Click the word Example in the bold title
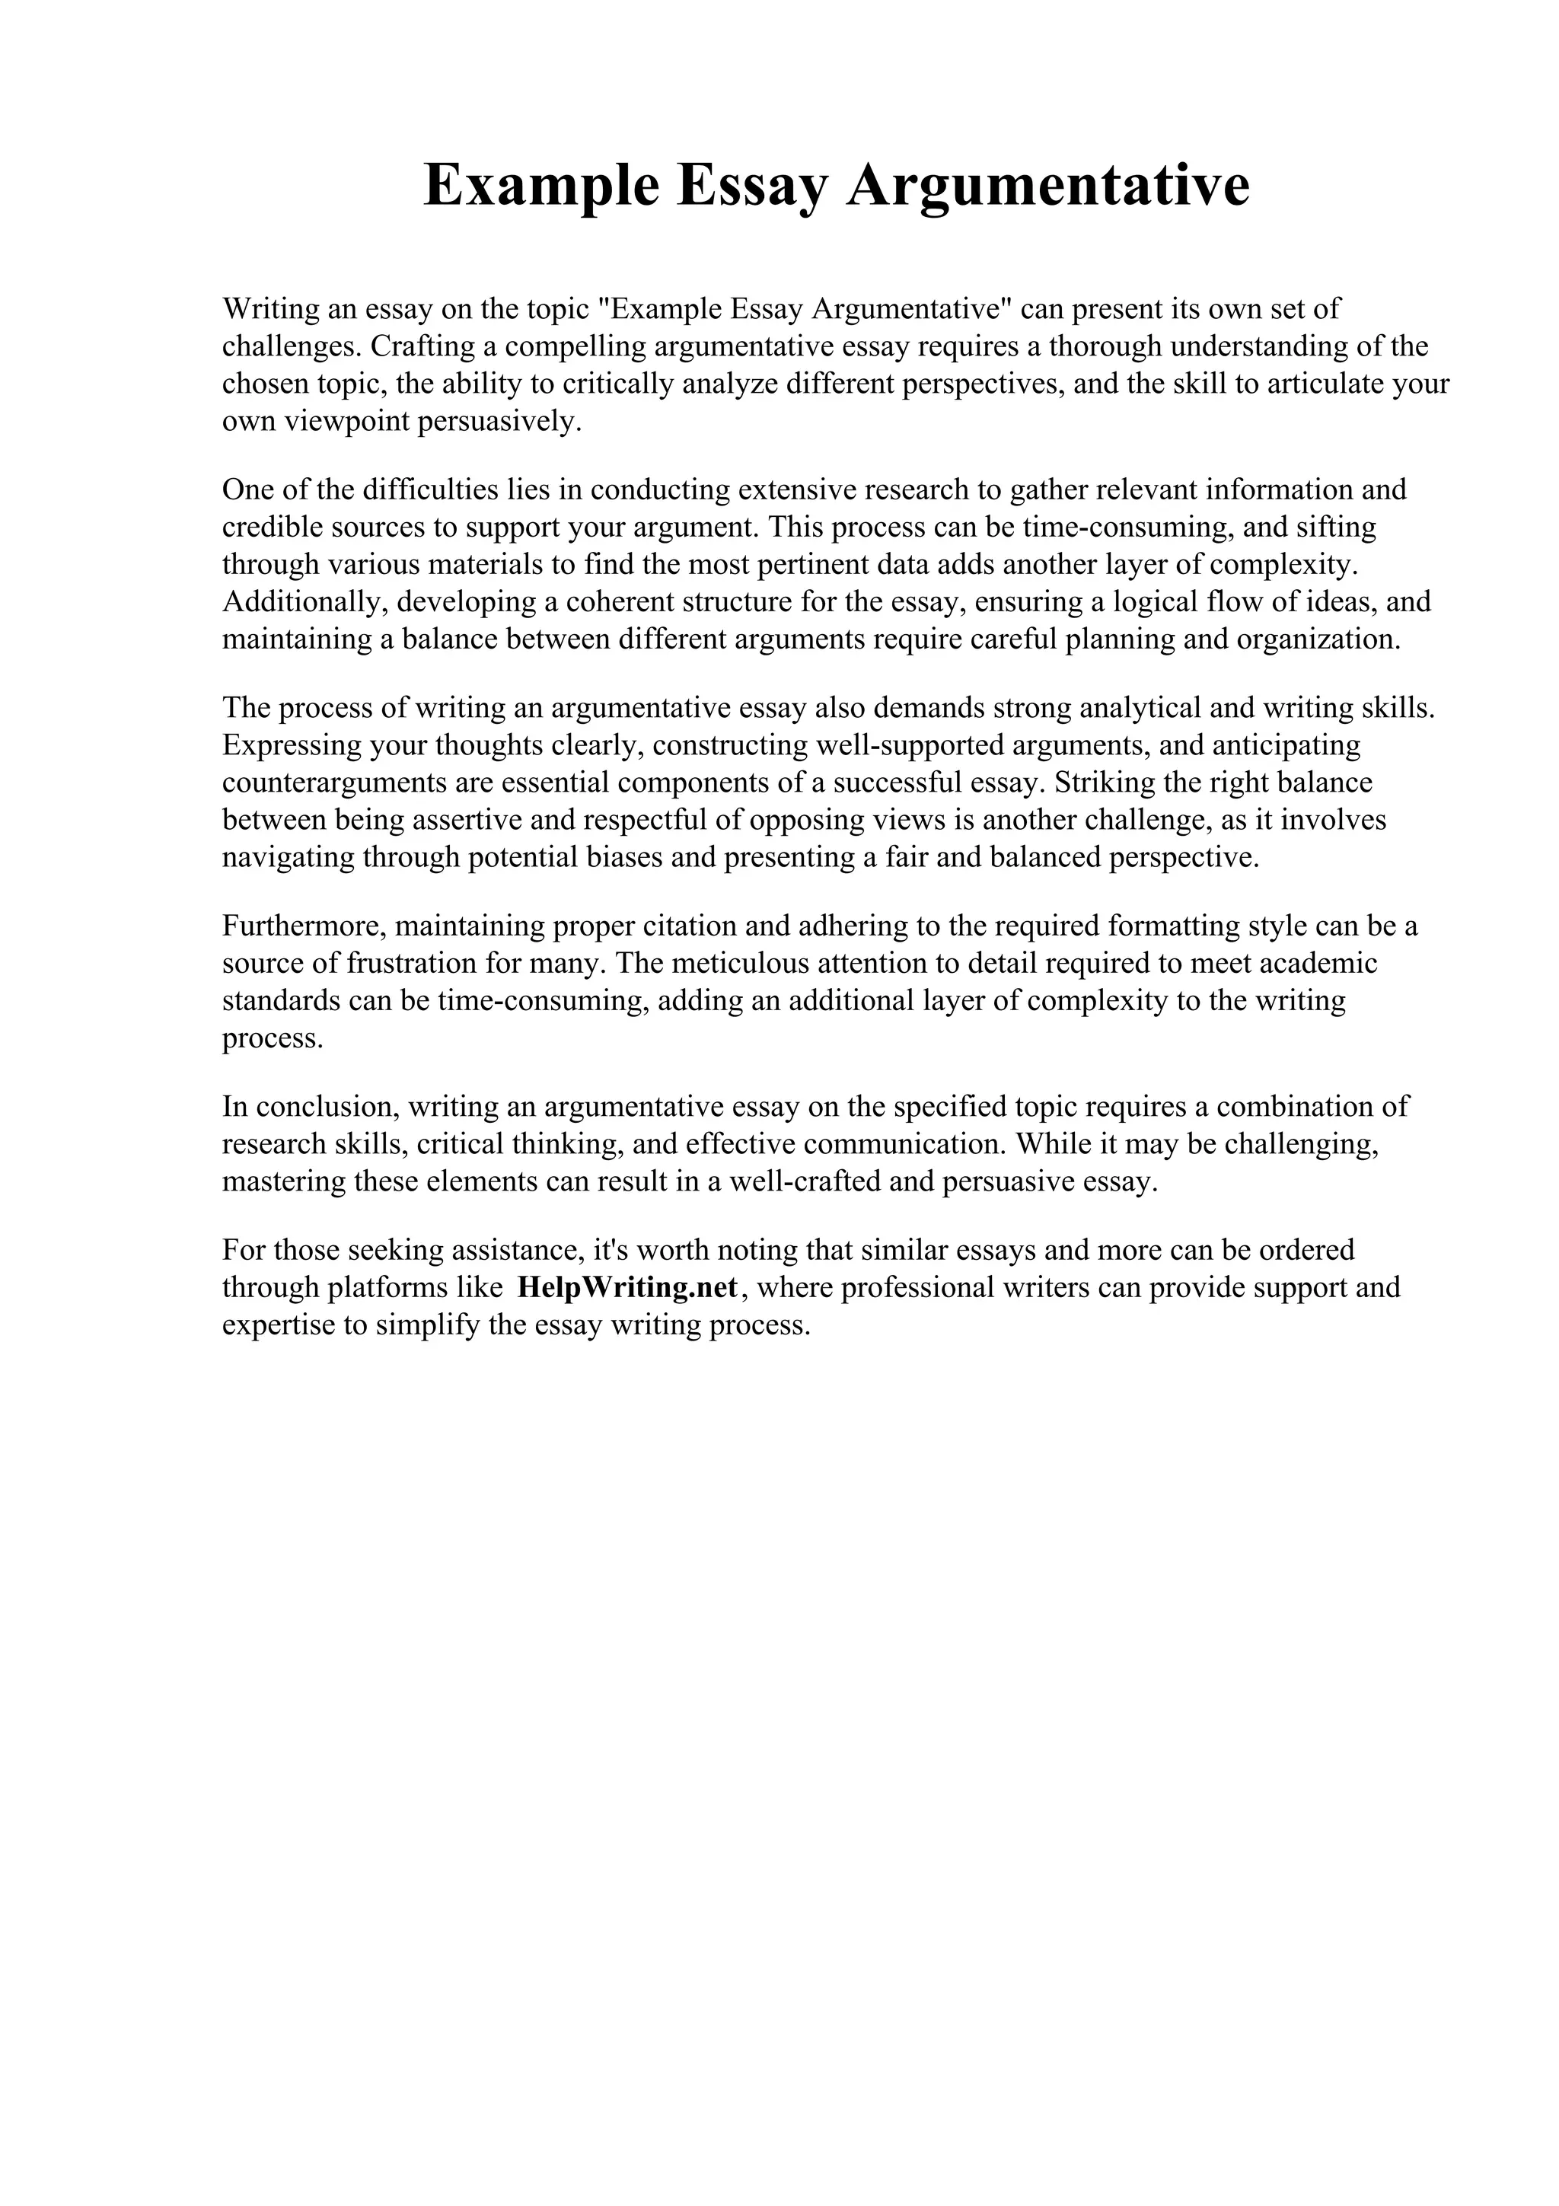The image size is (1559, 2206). coord(540,186)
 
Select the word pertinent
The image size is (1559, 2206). coord(808,564)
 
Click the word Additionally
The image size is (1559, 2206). coord(304,601)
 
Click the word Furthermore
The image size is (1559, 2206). coord(302,926)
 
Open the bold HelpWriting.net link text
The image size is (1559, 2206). coord(626,1287)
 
